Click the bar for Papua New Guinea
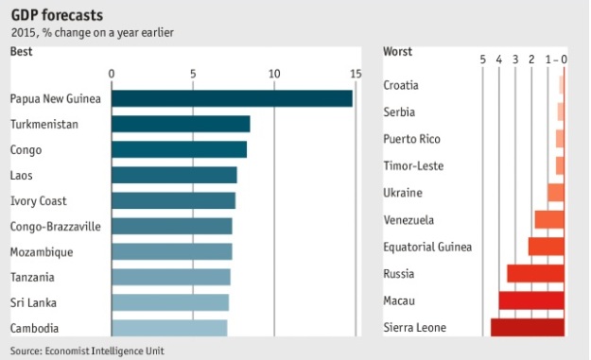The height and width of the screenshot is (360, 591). point(233,98)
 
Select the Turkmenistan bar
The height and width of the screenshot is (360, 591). point(181,124)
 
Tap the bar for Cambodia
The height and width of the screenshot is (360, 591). point(169,328)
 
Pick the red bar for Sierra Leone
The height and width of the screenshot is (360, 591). point(528,328)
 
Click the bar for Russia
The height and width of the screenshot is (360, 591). point(535,273)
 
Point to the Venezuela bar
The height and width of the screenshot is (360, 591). point(549,219)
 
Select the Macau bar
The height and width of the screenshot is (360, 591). point(531,300)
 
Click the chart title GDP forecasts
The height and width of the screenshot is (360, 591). point(57,15)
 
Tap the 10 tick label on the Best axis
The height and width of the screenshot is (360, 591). point(274,74)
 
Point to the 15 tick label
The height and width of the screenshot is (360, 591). point(356,74)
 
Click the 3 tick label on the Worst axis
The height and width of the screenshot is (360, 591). point(515,60)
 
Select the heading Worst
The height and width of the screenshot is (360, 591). point(398,52)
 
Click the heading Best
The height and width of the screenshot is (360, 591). point(22,52)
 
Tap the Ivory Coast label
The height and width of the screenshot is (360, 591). point(39,201)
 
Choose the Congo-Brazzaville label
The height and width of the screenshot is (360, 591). point(56,227)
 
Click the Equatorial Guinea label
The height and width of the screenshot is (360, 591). point(427,247)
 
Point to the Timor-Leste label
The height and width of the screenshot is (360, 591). point(413,166)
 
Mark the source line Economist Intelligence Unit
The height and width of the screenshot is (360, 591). point(104,351)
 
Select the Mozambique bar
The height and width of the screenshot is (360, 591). point(172,251)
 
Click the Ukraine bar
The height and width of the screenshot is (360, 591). point(556,193)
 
